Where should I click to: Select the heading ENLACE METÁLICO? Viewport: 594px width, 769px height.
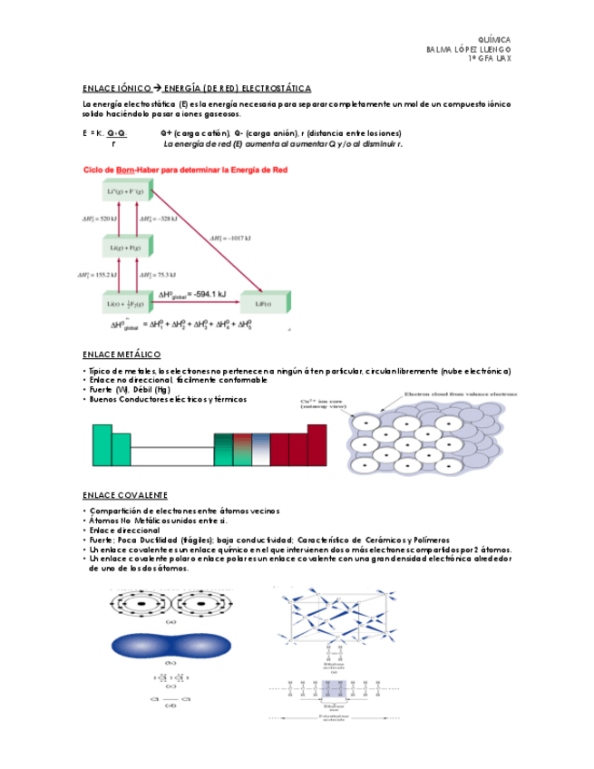(122, 354)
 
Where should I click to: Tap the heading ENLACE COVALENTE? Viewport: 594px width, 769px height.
(124, 495)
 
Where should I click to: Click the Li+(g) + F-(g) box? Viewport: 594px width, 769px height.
(126, 192)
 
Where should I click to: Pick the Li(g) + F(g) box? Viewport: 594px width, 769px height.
(126, 247)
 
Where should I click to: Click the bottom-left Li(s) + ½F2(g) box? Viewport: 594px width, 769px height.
(126, 303)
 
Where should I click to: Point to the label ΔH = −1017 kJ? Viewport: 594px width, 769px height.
(232, 238)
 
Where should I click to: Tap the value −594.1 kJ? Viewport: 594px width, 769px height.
(208, 294)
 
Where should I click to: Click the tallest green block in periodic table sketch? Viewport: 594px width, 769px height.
(102, 444)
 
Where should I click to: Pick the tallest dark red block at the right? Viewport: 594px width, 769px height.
(316, 444)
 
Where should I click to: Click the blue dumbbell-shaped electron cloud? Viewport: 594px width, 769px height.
(170, 647)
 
